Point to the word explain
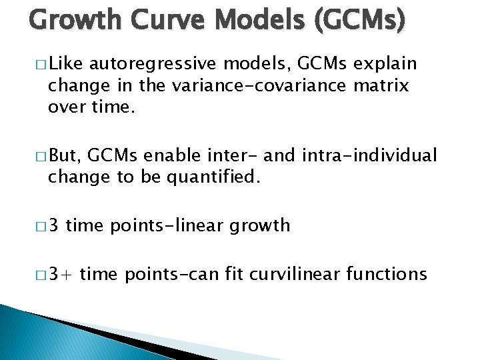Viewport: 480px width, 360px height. click(x=385, y=64)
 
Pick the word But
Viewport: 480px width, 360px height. click(x=65, y=156)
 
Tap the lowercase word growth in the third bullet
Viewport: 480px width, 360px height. click(x=260, y=226)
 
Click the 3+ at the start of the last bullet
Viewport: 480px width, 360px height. click(x=62, y=273)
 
